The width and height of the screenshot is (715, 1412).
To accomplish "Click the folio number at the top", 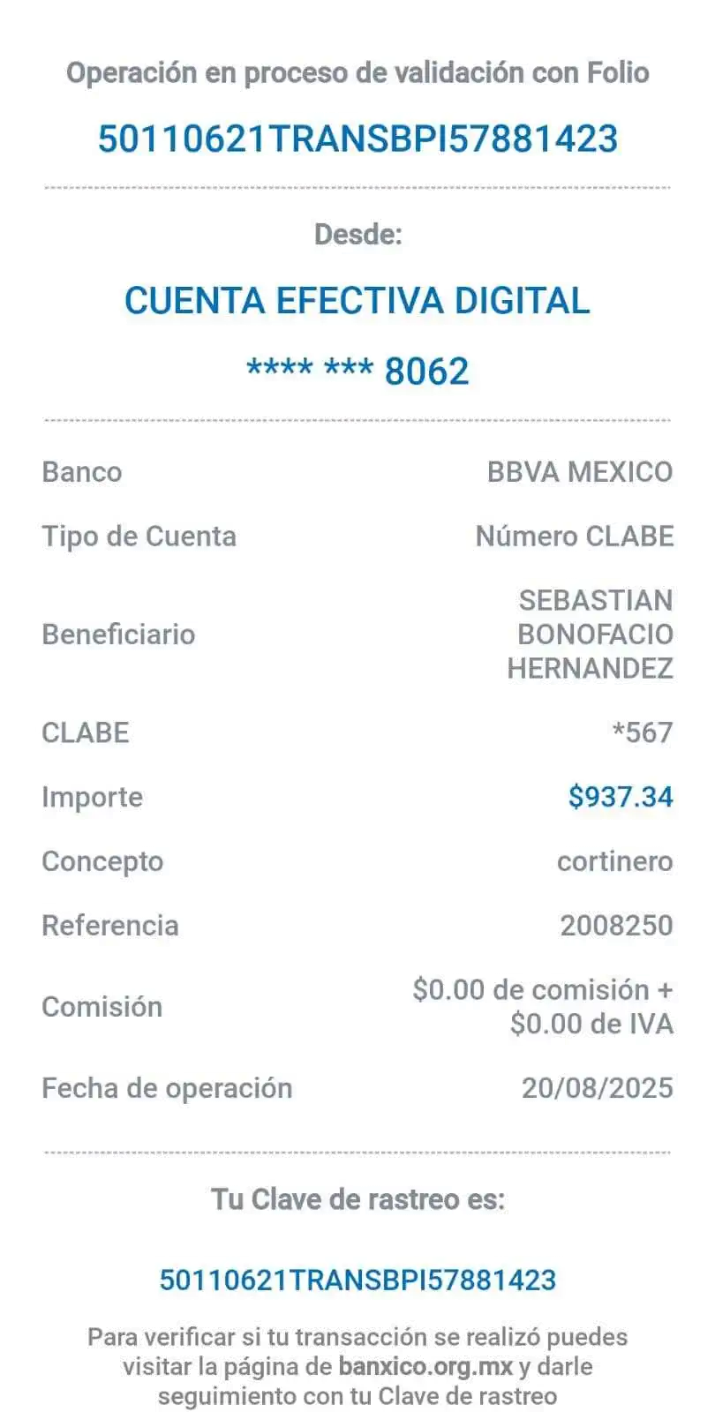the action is (357, 139).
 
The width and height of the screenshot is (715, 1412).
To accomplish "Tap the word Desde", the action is (357, 234).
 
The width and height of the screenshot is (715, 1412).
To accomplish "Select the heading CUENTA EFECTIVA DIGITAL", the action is (357, 301).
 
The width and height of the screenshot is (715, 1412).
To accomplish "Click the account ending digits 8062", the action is (426, 372).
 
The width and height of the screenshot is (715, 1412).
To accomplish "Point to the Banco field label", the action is (81, 472).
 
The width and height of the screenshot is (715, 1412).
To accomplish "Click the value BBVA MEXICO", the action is (580, 472).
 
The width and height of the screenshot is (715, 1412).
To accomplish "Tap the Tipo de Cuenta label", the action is (139, 537).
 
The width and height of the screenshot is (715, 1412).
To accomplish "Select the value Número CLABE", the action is (575, 536).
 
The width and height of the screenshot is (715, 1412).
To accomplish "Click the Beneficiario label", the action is (118, 634).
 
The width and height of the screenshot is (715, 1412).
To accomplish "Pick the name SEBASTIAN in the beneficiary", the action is (596, 600).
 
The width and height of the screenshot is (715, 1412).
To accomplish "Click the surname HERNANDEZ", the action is (590, 668).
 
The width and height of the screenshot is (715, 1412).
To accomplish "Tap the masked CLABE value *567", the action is (643, 732).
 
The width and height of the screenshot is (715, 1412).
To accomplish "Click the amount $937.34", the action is (621, 797).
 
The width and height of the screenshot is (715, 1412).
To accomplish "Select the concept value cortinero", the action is (615, 861).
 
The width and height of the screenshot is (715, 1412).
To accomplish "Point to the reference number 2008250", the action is (617, 926).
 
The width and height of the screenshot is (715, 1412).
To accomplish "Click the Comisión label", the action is (102, 1006).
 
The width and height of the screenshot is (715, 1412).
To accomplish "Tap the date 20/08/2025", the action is (598, 1088).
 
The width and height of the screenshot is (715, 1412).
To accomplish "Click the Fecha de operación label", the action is (167, 1088).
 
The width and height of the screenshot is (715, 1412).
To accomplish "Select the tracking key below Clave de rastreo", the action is (357, 1281).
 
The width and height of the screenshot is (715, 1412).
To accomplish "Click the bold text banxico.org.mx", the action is (425, 1367).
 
